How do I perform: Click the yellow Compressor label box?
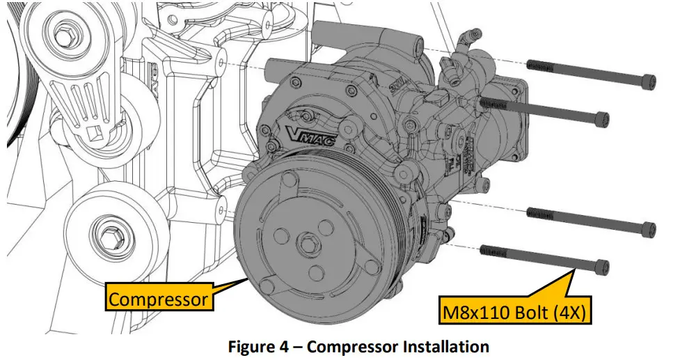pos(159,299)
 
